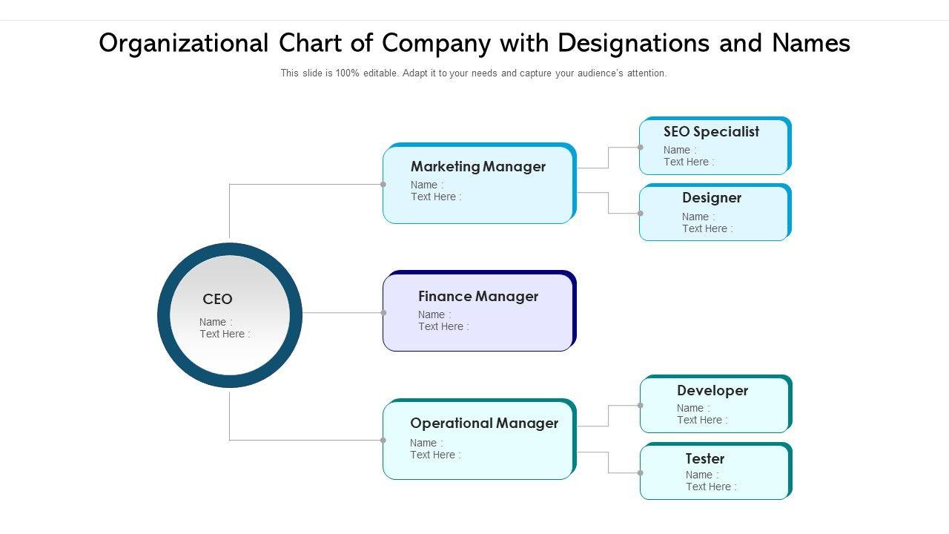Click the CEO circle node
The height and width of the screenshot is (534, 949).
(x=230, y=315)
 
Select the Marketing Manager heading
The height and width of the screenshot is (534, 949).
(x=478, y=167)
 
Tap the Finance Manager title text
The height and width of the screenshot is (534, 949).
(x=478, y=297)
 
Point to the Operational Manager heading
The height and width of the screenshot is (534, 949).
(x=484, y=423)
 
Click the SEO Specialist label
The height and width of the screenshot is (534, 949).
(x=711, y=132)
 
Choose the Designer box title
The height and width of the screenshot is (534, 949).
(x=712, y=198)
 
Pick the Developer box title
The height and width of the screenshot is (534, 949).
(x=712, y=391)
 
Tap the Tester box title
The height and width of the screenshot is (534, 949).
(x=704, y=459)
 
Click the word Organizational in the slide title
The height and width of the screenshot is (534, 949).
(x=183, y=44)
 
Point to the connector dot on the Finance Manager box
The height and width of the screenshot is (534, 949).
(x=383, y=313)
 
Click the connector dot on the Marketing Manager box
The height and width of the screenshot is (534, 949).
(x=383, y=185)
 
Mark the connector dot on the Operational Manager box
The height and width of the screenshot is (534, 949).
(x=383, y=441)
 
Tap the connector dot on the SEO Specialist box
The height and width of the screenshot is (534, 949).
(x=641, y=148)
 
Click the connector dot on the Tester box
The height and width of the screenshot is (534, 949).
(x=641, y=473)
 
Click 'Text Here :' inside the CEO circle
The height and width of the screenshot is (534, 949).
(x=225, y=334)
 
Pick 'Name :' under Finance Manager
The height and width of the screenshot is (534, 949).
(x=434, y=315)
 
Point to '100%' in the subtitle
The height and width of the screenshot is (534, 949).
(x=348, y=73)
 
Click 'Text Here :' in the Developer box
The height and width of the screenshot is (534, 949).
(x=702, y=421)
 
